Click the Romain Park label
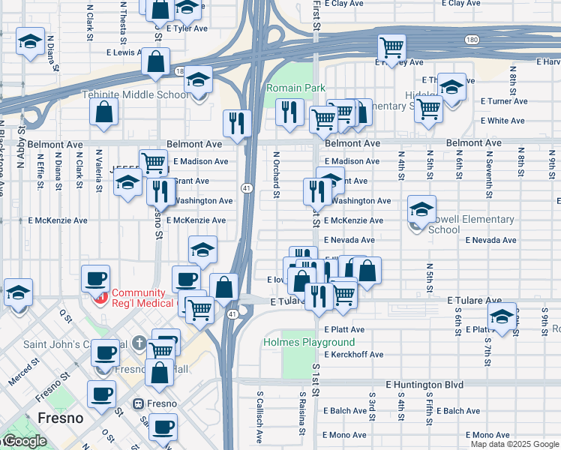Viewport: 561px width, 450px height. (295, 88)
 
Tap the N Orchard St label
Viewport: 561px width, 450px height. (276, 175)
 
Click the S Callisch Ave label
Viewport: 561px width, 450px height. (259, 412)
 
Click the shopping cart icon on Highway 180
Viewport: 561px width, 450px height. (391, 48)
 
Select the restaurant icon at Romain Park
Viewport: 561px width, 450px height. (289, 112)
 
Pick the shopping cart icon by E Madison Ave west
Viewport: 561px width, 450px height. (153, 161)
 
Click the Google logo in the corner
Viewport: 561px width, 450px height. (24, 441)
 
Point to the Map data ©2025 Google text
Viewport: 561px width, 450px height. (514, 444)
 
